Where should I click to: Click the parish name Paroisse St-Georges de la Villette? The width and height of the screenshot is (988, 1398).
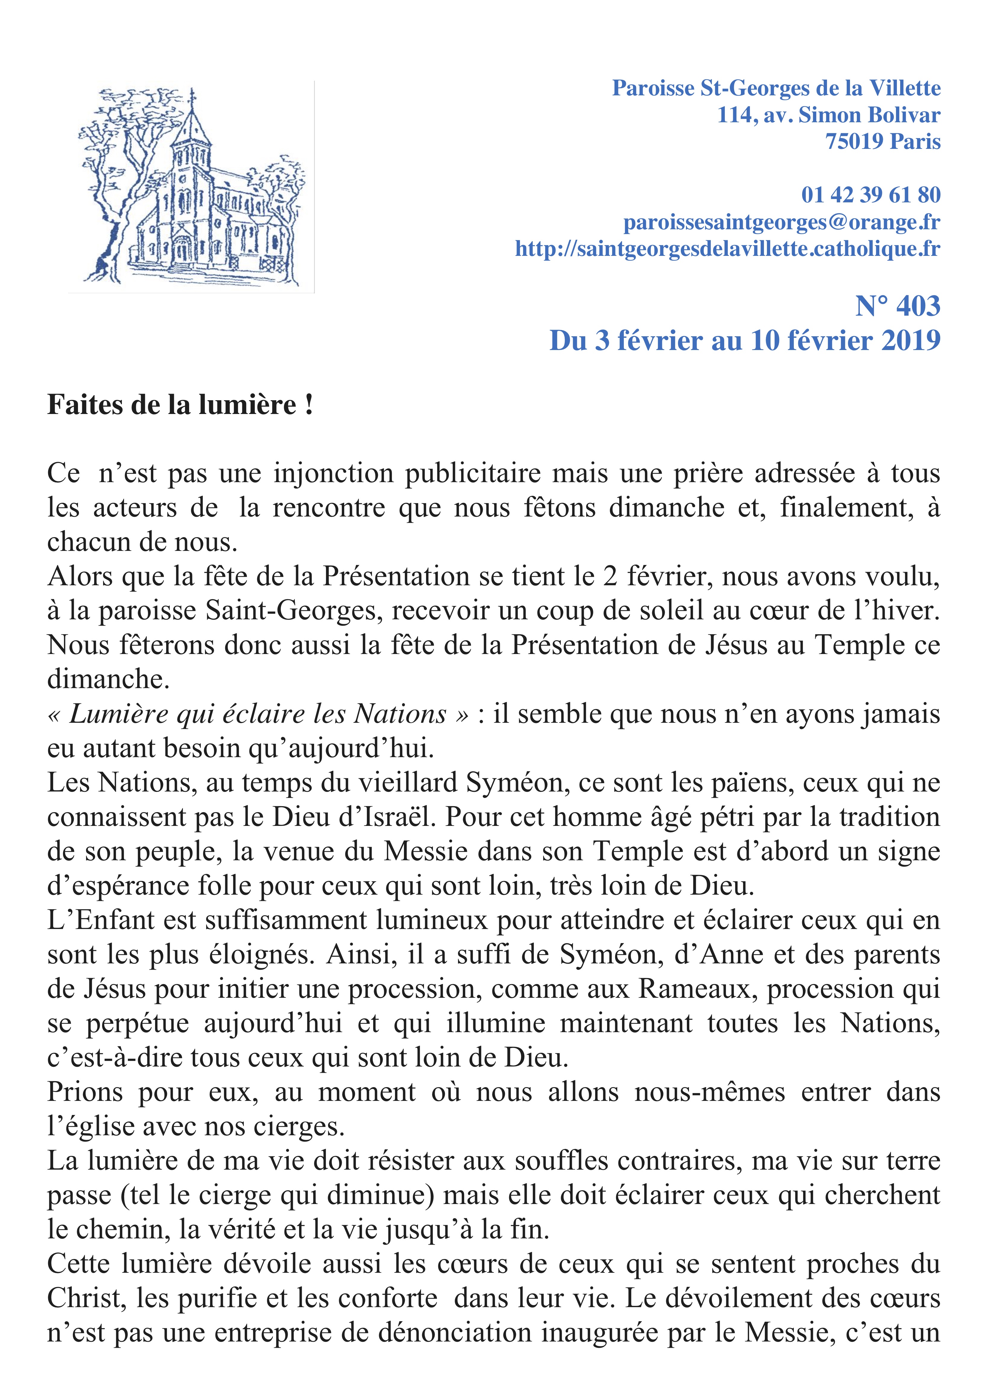coord(776,88)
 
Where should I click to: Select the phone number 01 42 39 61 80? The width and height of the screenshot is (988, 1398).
coord(871,195)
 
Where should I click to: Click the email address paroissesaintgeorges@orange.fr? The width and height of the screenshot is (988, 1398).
coord(782,222)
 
